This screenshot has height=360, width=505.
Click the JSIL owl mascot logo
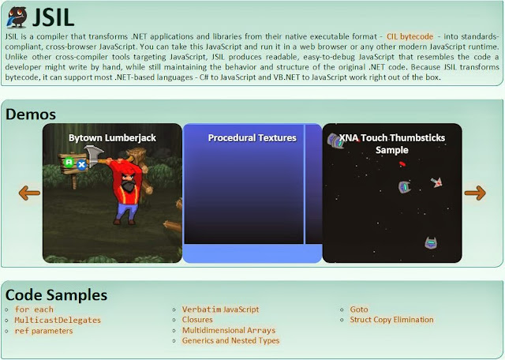click(x=17, y=17)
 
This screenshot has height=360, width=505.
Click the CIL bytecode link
click(x=410, y=36)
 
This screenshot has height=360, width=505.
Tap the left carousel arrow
click(x=29, y=193)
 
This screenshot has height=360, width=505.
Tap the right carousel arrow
click(x=475, y=193)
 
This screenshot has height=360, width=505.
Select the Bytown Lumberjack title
click(x=112, y=138)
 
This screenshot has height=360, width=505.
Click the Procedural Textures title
click(x=252, y=138)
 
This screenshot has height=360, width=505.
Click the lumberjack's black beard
click(x=129, y=186)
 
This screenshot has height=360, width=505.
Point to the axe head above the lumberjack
click(x=94, y=156)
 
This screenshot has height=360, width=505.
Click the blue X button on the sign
click(x=82, y=165)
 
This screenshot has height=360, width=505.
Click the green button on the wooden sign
click(x=69, y=162)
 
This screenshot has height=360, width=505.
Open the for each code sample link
click(x=34, y=309)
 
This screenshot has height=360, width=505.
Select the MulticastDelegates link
click(x=58, y=320)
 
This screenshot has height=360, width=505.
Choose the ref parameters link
click(x=43, y=331)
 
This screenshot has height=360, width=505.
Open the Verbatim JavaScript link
click(x=220, y=309)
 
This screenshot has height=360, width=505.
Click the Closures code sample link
click(x=197, y=320)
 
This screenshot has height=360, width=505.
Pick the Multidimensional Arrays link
click(x=229, y=330)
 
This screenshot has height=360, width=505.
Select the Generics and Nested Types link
click(x=230, y=341)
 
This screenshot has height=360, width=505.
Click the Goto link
click(x=359, y=309)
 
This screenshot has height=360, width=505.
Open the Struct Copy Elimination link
click(x=391, y=320)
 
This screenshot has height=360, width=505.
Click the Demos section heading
click(x=31, y=114)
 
